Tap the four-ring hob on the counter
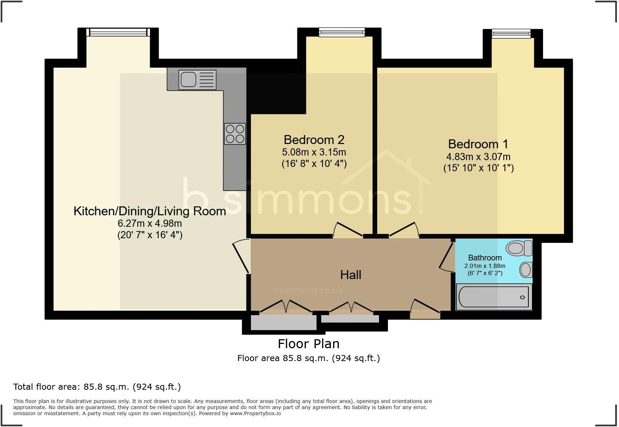(235, 134)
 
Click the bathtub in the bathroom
(494, 297)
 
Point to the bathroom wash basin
(526, 270)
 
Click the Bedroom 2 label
(314, 139)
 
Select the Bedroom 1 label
(478, 144)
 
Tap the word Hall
(350, 275)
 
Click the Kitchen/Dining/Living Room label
(149, 211)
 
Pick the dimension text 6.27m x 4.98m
(149, 224)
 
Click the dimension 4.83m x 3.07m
(478, 157)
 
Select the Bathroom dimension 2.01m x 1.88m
(485, 266)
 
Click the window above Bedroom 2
(342, 33)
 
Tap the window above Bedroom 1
(511, 34)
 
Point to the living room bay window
(118, 33)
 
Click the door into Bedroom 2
(347, 230)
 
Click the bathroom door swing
(446, 257)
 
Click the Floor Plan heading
(308, 344)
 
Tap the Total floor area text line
(97, 387)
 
